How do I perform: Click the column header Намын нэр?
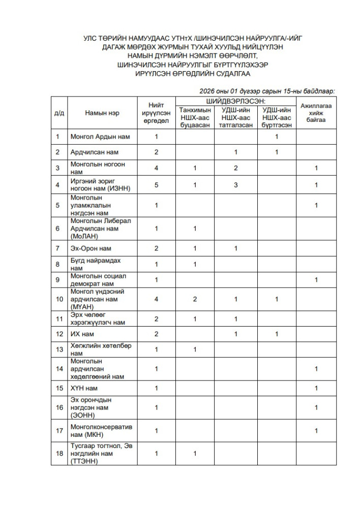click(x=102, y=113)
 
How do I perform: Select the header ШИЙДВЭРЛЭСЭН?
click(x=235, y=102)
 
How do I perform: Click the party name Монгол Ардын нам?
click(x=100, y=137)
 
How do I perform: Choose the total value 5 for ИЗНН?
click(x=157, y=185)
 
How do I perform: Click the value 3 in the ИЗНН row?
click(x=236, y=185)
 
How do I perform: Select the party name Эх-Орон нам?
click(x=91, y=248)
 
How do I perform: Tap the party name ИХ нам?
click(x=82, y=334)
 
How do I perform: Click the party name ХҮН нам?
click(x=84, y=389)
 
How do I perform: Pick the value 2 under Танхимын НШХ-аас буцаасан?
click(x=195, y=299)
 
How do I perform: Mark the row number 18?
click(x=59, y=453)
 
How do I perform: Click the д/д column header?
click(x=59, y=113)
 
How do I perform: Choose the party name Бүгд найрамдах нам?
click(x=89, y=264)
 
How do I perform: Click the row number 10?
click(x=59, y=299)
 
